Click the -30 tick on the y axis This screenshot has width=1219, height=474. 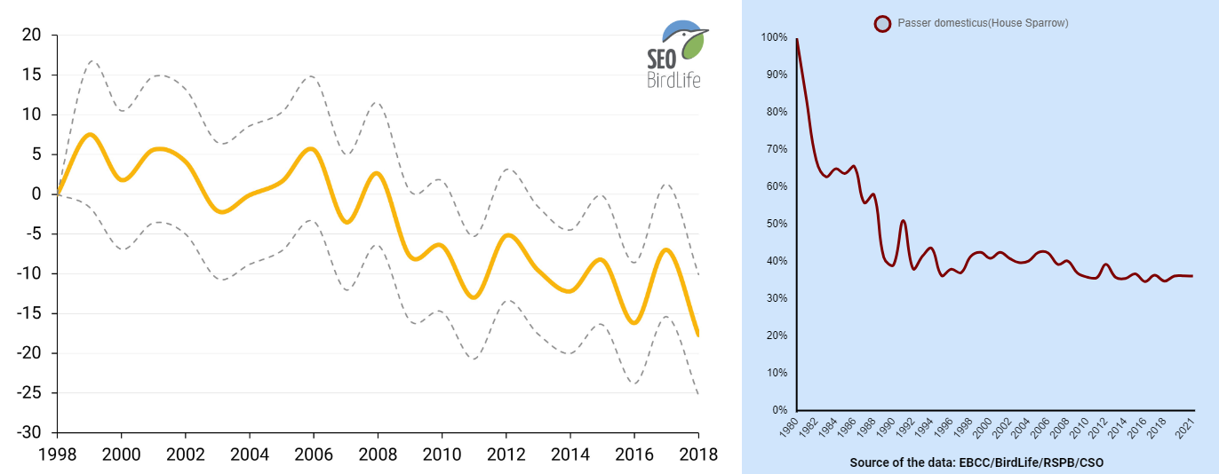click(30, 432)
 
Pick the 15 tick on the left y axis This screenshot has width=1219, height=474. click(32, 75)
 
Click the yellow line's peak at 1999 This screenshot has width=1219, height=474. click(90, 134)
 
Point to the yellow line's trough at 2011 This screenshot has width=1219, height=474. click(474, 297)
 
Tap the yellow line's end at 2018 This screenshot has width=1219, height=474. click(697, 335)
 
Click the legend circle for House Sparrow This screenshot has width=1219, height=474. click(882, 24)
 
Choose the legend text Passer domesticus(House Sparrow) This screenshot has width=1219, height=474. click(983, 23)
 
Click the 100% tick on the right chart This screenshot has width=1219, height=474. click(775, 37)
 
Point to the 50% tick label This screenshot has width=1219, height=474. click(777, 224)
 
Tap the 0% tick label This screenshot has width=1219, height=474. click(779, 410)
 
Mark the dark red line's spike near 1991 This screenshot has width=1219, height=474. click(903, 220)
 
